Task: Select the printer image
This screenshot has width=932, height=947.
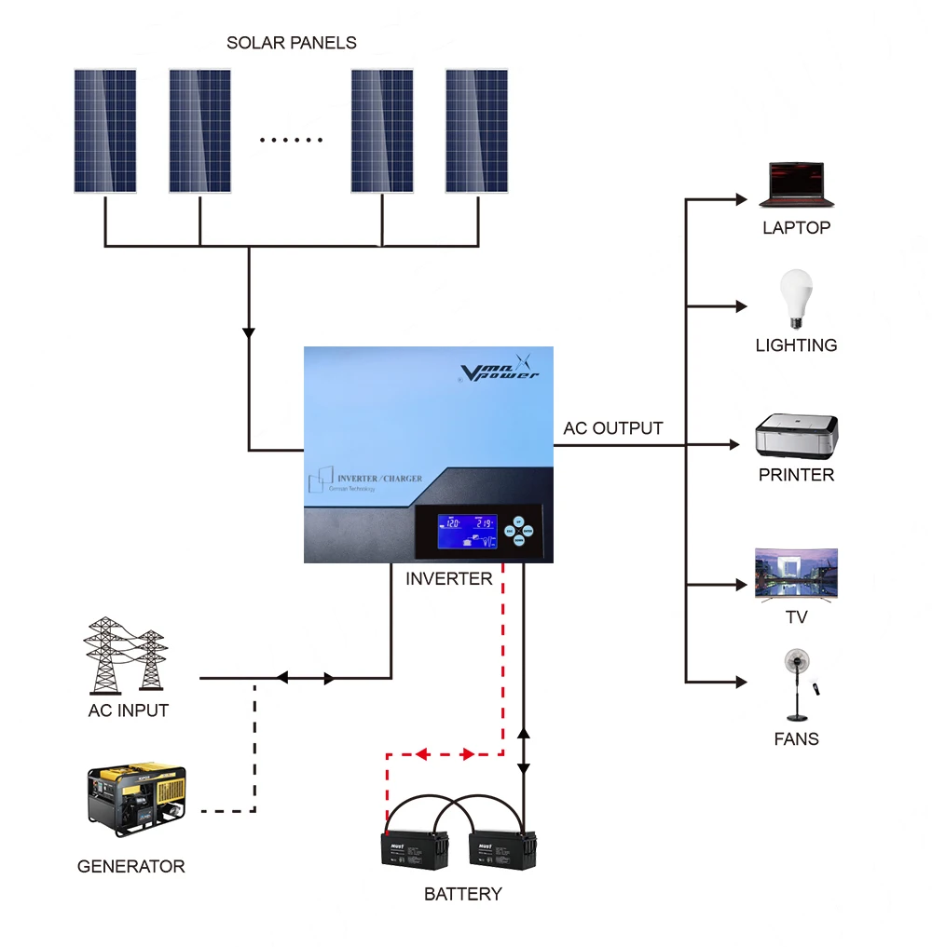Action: (x=796, y=437)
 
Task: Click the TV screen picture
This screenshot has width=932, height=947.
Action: (x=796, y=573)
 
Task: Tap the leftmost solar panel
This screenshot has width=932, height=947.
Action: (x=105, y=130)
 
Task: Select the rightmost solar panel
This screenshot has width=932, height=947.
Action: (x=477, y=130)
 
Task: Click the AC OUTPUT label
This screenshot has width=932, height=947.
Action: (x=613, y=428)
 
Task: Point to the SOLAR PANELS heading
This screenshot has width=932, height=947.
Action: (x=291, y=43)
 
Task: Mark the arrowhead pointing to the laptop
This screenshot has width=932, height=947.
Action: (x=742, y=199)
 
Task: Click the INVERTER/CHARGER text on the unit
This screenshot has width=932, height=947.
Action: (x=378, y=479)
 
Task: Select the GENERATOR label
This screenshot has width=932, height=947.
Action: (x=130, y=866)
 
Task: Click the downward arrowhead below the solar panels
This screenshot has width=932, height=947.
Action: (x=249, y=332)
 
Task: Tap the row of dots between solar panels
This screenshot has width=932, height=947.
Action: (x=291, y=141)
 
